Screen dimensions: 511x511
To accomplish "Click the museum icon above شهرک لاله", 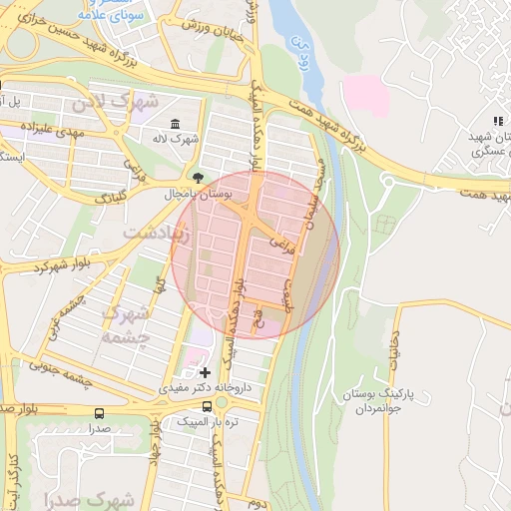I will click(x=176, y=124).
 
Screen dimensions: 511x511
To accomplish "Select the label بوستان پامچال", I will click(x=230, y=195).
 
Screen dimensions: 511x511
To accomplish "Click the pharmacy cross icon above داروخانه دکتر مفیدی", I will click(x=206, y=372).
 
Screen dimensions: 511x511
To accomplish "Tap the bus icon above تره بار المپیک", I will click(x=207, y=407).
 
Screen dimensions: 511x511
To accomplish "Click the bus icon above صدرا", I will click(x=98, y=413).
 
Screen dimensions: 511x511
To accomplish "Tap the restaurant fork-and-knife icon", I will click(x=496, y=122).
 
